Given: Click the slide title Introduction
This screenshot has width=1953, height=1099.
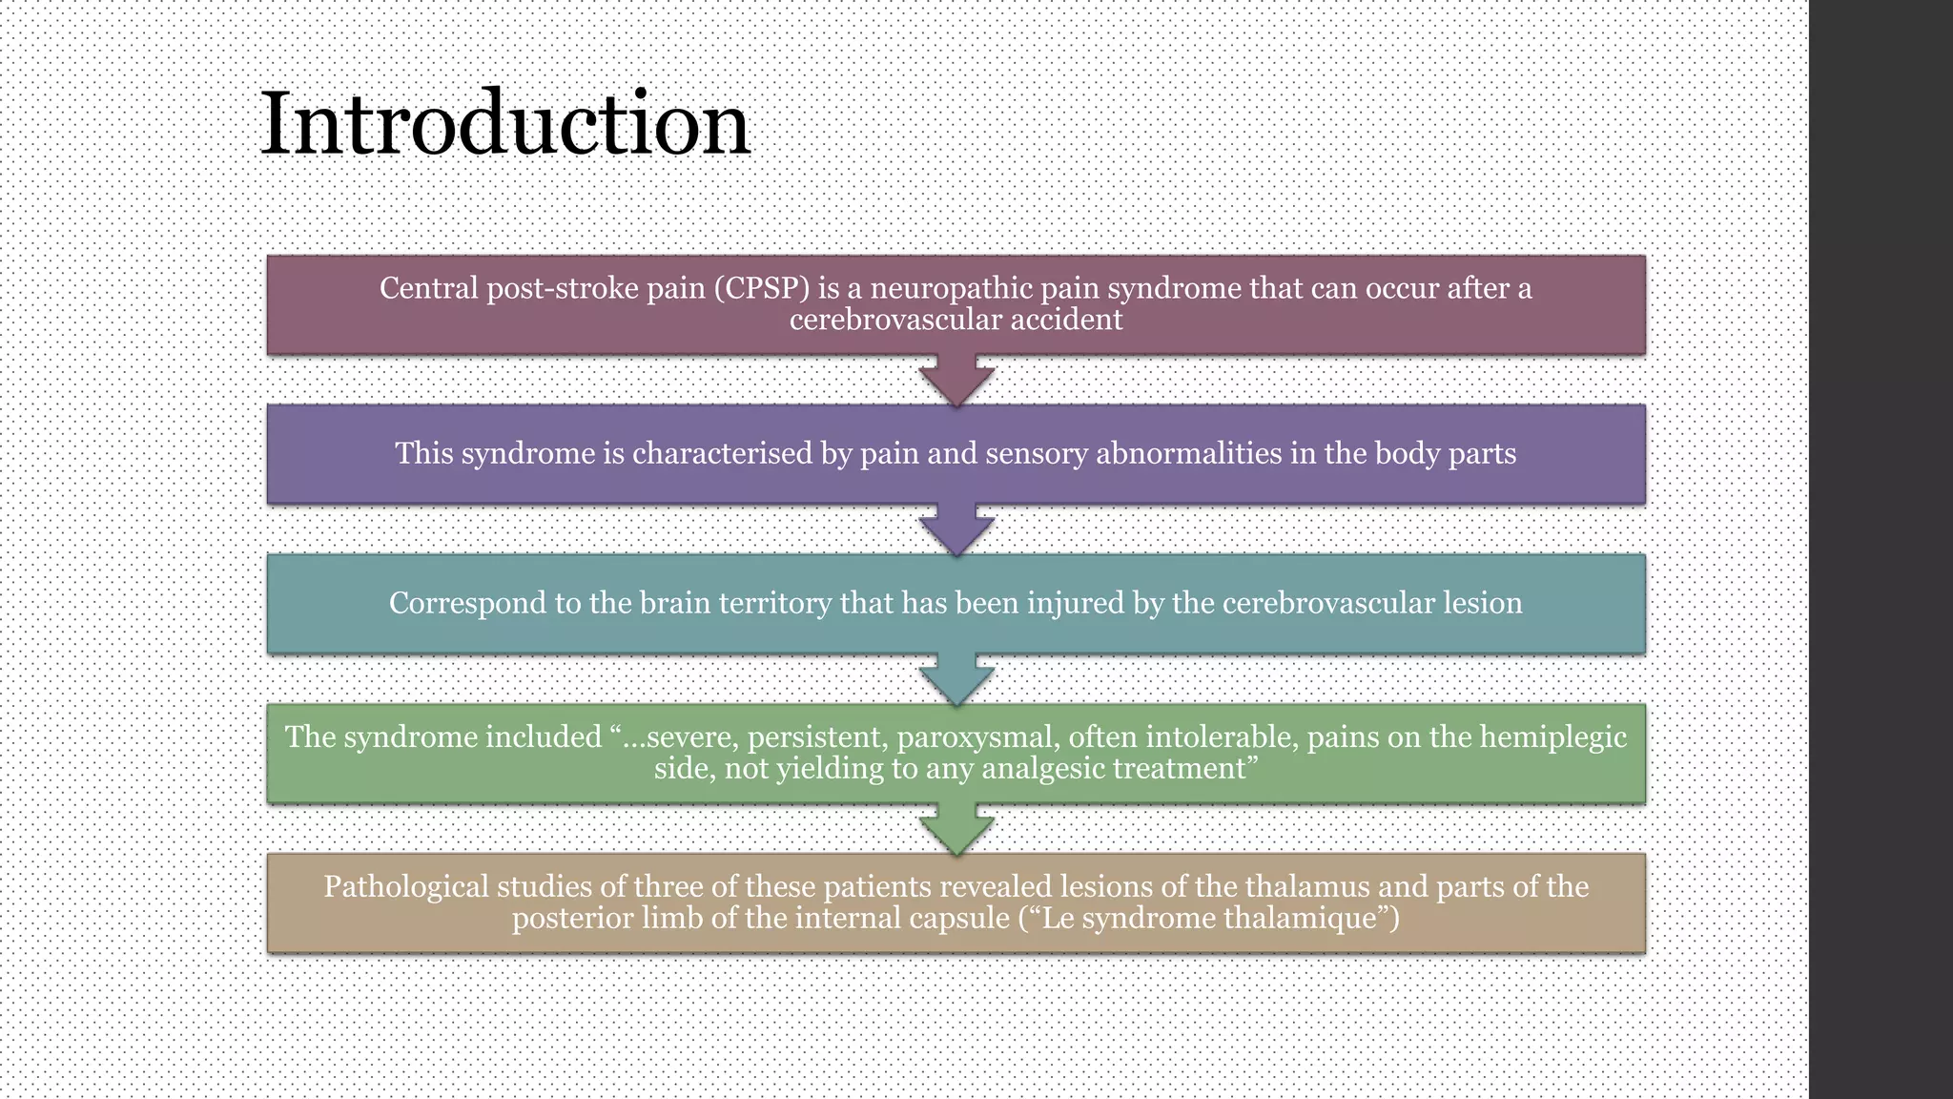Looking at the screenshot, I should click(504, 124).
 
